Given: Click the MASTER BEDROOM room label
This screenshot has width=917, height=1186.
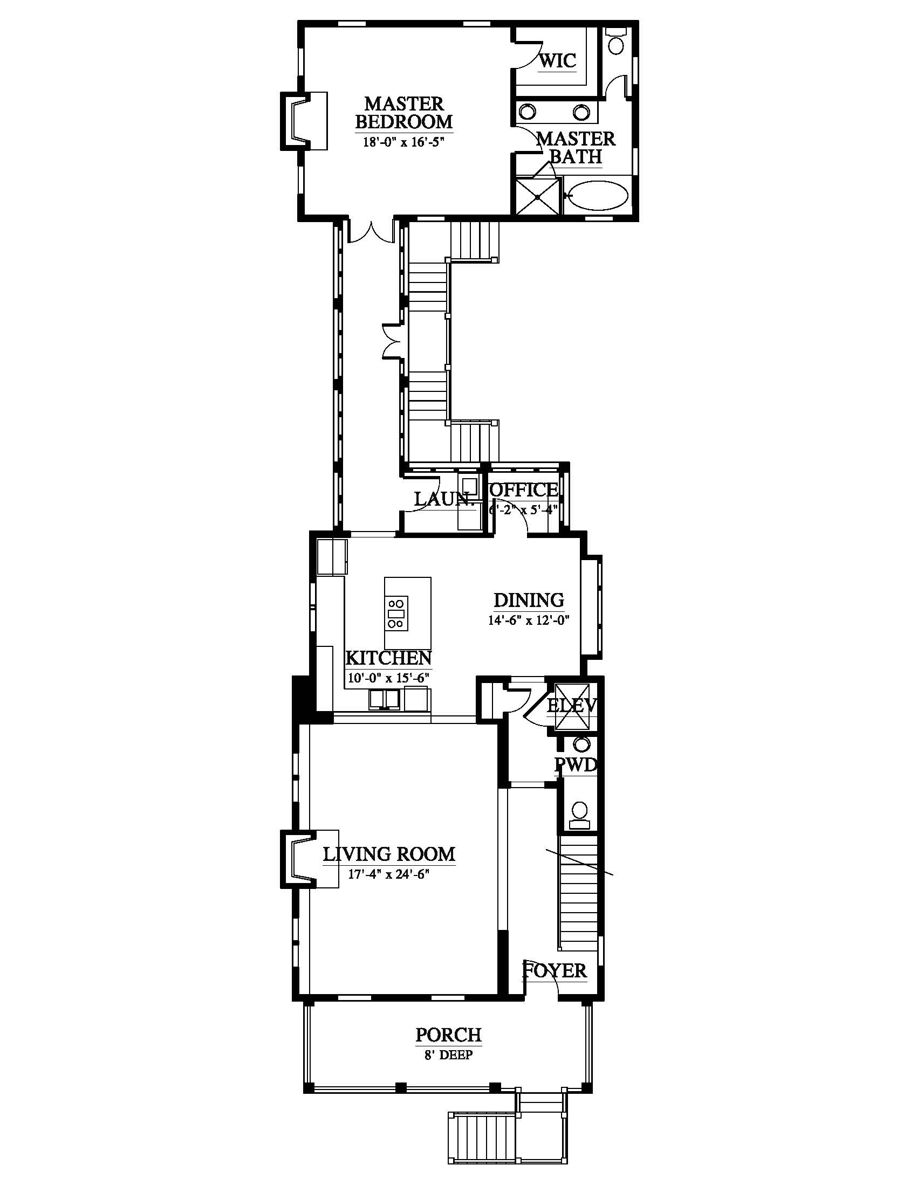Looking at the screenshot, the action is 404,113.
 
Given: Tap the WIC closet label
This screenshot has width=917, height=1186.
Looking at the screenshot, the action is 558,60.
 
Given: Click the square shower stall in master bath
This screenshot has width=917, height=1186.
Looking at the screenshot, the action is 538,196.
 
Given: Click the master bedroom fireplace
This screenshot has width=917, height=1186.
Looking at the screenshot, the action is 303,121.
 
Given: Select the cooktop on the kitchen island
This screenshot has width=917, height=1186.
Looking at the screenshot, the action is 396,612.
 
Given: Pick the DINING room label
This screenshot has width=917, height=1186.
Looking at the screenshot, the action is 528,600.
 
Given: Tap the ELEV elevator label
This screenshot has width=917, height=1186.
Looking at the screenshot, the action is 572,706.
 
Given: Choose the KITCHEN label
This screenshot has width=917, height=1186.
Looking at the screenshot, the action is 388,658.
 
